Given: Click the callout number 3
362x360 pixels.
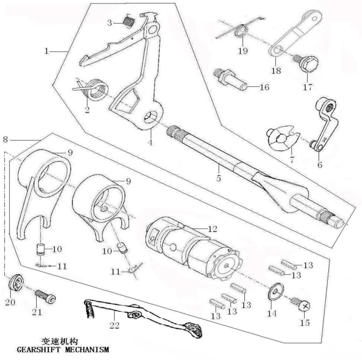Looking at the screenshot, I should click(110, 23).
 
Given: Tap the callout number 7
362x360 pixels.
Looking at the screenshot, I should click(292, 159).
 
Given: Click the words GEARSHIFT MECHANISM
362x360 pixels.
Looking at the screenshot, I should click(63, 350).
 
